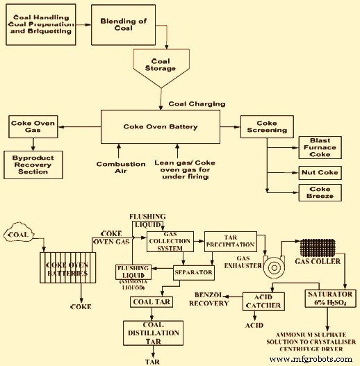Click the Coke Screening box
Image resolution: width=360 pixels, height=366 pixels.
267,128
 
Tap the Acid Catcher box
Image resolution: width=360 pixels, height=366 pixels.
263,301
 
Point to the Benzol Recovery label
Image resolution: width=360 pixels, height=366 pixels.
211,299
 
